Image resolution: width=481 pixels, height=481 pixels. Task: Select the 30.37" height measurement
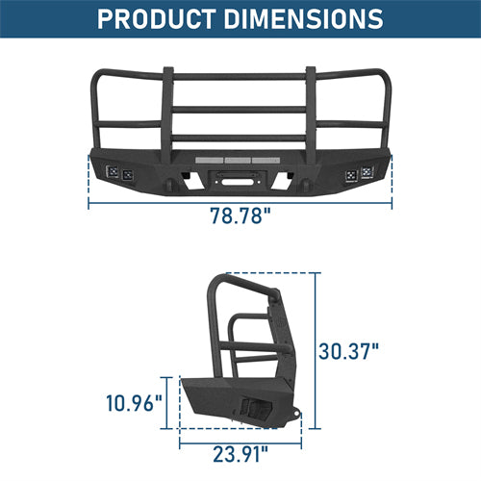[349, 350]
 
